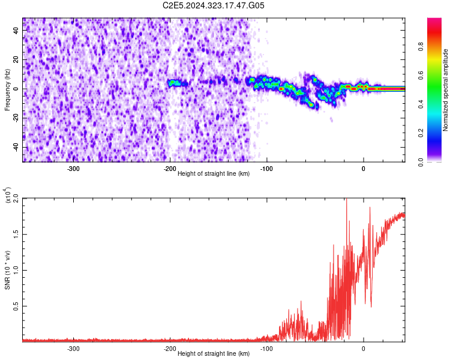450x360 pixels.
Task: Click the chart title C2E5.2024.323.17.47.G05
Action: point(214,5)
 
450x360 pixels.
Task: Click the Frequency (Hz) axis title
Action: point(7,89)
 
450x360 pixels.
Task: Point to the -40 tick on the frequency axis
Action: point(16,147)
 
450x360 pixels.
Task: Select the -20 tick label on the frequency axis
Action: point(16,118)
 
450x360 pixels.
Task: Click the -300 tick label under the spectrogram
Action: point(73,169)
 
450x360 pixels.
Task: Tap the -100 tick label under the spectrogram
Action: point(266,169)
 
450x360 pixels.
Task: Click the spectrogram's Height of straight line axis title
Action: point(214,175)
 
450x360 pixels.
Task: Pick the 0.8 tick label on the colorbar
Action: point(438,46)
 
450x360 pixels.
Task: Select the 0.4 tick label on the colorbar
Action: point(438,104)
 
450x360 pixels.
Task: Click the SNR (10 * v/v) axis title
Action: point(8,269)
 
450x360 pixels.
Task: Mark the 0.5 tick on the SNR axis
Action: point(16,306)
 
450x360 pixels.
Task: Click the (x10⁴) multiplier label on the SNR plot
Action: point(8,195)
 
